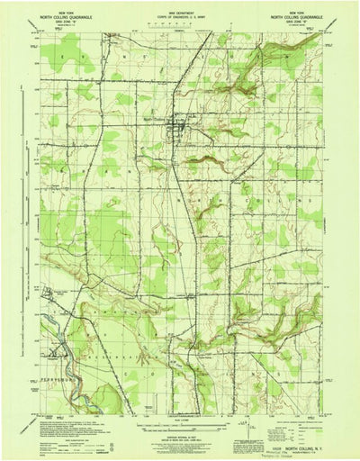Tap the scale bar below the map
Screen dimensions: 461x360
tap(179, 421)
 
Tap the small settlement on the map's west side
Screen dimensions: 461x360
tap(51, 293)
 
